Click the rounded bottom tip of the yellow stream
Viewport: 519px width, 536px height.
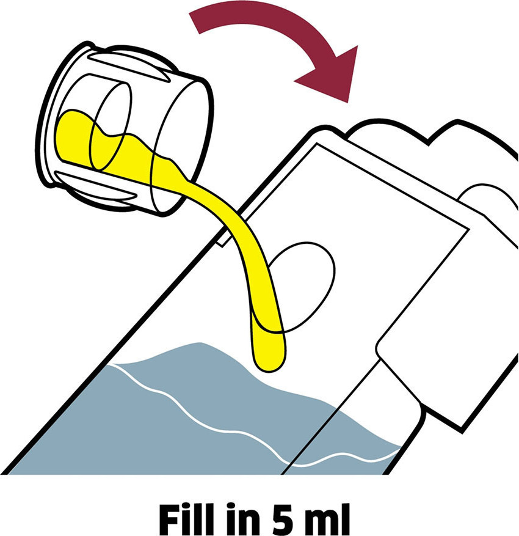[x=269, y=365]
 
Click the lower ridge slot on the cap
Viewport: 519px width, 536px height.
[x=96, y=186]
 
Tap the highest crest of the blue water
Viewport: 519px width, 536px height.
[x=198, y=343]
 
